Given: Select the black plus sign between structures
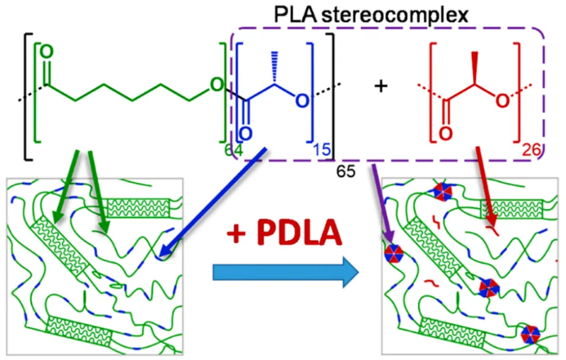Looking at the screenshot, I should (381, 87).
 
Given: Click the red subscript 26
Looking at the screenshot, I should (531, 150).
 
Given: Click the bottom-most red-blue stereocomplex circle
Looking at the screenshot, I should (530, 334).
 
